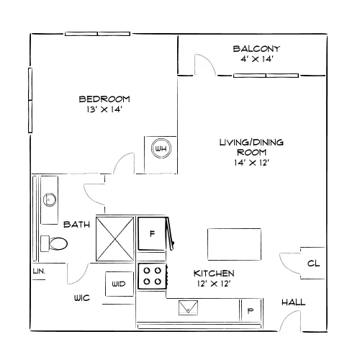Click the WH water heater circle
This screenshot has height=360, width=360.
tap(161, 148)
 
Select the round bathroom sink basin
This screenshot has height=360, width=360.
tap(50, 199)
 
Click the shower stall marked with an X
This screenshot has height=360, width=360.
tap(115, 239)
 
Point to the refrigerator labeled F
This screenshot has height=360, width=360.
tap(152, 233)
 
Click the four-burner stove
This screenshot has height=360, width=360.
tap(152, 276)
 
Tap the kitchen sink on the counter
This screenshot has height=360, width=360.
tap(189, 307)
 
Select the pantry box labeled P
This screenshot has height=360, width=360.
tap(251, 310)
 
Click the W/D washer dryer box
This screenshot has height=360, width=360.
tap(120, 284)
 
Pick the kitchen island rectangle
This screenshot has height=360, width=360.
tap(234, 244)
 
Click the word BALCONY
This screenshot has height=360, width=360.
tap(256, 49)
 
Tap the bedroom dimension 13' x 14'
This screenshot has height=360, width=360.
tap(104, 109)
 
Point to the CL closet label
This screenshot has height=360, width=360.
tap(313, 264)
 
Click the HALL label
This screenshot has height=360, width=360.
tap(293, 302)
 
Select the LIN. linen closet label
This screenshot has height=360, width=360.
tap(39, 271)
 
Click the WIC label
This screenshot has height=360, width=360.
tap(82, 298)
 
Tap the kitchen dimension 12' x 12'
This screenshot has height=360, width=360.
tap(214, 284)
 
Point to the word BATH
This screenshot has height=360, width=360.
tap(76, 225)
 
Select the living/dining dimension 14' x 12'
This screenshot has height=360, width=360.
tap(251, 163)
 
